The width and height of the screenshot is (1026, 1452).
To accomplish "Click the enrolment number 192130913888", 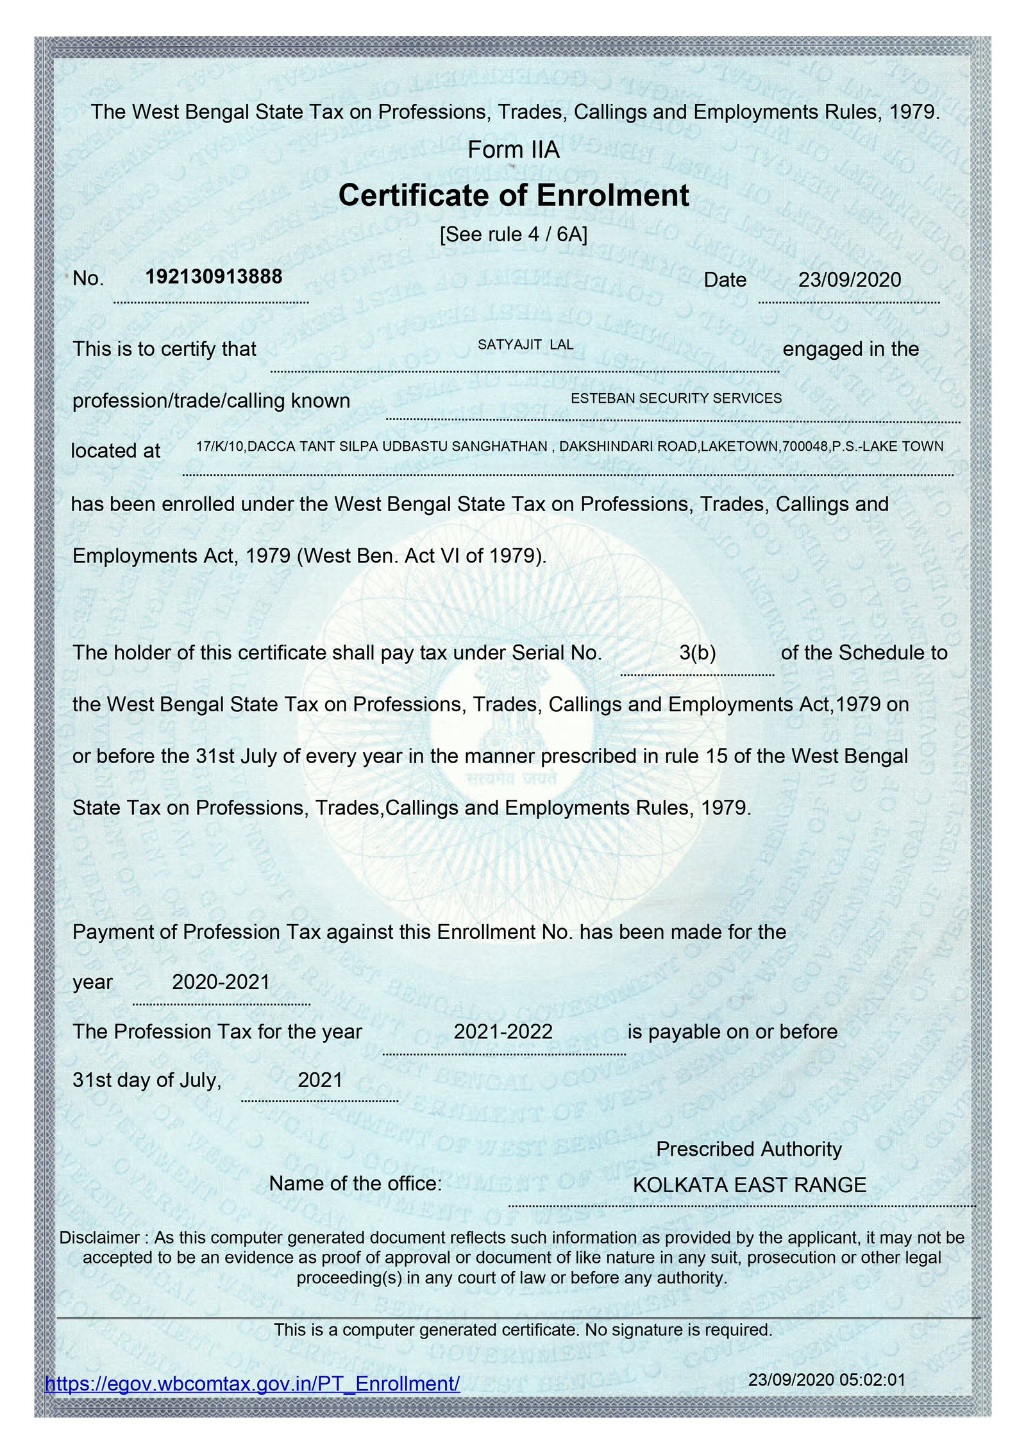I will click(214, 276).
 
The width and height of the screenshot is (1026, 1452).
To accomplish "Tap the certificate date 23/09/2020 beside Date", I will click(849, 280).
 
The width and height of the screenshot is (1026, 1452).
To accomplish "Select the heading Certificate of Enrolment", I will click(514, 195).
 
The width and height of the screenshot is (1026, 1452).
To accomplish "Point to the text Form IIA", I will click(514, 149).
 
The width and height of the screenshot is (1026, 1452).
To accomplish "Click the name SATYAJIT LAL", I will click(525, 344).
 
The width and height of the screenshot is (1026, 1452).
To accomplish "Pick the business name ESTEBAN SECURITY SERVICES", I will click(676, 398).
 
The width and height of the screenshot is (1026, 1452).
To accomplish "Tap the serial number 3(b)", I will click(697, 653).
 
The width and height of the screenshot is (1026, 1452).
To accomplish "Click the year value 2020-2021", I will click(221, 982).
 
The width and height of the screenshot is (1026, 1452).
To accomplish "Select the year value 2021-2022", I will click(503, 1031).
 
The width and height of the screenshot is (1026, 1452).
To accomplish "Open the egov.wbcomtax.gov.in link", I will click(253, 1383).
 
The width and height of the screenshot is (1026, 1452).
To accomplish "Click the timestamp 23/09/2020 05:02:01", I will click(827, 1380).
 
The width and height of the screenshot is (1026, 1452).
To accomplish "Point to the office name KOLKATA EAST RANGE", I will click(749, 1185).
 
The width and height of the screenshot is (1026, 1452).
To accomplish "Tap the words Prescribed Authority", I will click(748, 1149).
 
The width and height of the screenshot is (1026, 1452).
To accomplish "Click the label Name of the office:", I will click(355, 1183).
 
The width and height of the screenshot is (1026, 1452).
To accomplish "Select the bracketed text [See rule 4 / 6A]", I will click(514, 234).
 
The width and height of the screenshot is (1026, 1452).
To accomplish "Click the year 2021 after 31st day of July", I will click(320, 1080).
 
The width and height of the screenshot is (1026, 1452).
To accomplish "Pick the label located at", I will click(115, 451).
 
